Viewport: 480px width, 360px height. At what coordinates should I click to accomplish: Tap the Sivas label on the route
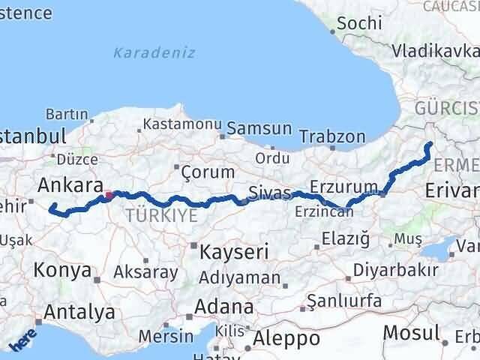pyautogui.click(x=270, y=193)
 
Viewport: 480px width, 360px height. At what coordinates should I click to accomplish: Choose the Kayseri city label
pyautogui.click(x=233, y=252)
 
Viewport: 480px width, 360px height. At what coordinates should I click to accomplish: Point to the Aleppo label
pyautogui.click(x=287, y=338)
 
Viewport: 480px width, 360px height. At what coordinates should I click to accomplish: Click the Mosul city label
pyautogui.click(x=411, y=332)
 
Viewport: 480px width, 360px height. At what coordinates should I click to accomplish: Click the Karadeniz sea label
pyautogui.click(x=154, y=52)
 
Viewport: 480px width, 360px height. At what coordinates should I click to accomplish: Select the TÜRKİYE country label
pyautogui.click(x=162, y=216)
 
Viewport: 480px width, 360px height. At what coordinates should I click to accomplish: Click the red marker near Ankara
pyautogui.click(x=109, y=196)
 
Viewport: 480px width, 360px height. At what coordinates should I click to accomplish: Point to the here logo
pyautogui.click(x=22, y=339)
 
